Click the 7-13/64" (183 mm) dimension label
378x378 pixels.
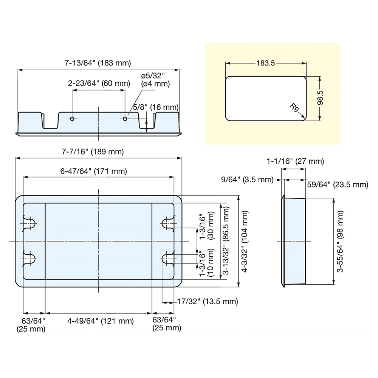[x=98, y=63]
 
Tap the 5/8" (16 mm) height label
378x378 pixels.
[x=155, y=107]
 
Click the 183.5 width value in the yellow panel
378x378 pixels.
[x=265, y=63]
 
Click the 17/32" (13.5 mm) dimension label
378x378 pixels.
[x=208, y=301]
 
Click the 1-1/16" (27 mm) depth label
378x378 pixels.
[x=295, y=161]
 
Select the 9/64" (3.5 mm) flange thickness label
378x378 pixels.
[x=248, y=179]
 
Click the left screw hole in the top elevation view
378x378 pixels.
[x=72, y=119]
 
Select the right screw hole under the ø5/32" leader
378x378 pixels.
[x=125, y=119]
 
